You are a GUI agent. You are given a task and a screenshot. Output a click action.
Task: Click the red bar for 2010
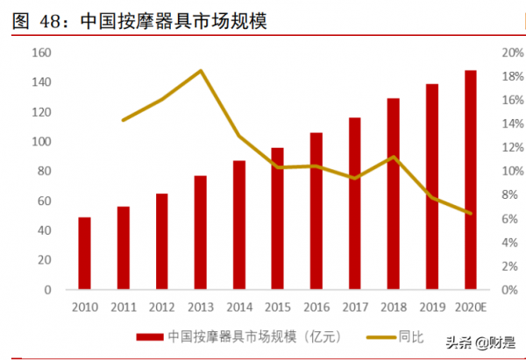pyautogui.click(x=84, y=253)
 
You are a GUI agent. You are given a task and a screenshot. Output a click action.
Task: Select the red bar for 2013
pyautogui.click(x=200, y=232)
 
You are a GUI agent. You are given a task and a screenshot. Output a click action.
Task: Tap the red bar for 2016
pyautogui.click(x=316, y=210)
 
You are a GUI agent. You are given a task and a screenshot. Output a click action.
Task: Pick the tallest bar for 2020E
pyautogui.click(x=471, y=180)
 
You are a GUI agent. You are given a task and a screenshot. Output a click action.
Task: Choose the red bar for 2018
pyautogui.click(x=394, y=194)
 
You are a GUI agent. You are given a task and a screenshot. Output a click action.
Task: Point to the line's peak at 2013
pyautogui.click(x=201, y=71)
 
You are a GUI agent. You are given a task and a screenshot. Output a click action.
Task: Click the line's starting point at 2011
pyautogui.click(x=123, y=120)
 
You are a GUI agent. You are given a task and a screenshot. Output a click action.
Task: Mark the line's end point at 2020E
pyautogui.click(x=471, y=213)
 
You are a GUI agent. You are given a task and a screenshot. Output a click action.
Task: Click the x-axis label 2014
pyautogui.click(x=238, y=307)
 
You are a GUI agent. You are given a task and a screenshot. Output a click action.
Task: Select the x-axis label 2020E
pyautogui.click(x=472, y=307)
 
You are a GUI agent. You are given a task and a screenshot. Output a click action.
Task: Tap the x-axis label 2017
pyautogui.click(x=355, y=307)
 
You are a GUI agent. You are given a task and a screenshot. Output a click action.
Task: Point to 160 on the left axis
pyautogui.click(x=41, y=53)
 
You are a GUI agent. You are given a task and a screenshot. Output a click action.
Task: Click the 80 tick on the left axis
pyautogui.click(x=44, y=171)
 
